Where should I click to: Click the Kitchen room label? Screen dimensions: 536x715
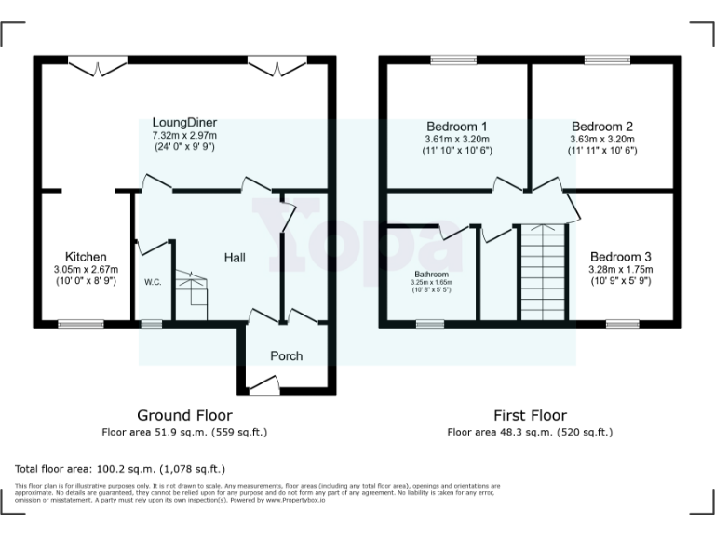tap(86, 257)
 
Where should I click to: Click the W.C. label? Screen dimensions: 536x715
tap(154, 282)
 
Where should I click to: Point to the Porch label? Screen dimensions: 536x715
tap(286, 355)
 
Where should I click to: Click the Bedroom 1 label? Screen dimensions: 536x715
tap(457, 126)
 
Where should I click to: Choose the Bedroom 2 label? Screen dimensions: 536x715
tap(602, 126)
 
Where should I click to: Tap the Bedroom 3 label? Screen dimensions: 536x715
tap(621, 257)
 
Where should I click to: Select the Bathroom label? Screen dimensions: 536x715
tap(432, 275)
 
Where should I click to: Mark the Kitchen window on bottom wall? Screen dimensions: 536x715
tap(74, 324)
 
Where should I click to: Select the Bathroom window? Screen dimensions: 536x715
tap(429, 324)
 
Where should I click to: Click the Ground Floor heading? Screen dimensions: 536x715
tap(184, 415)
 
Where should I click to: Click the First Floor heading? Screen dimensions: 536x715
tap(530, 415)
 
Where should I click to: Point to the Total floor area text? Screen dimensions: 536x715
tap(120, 469)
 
